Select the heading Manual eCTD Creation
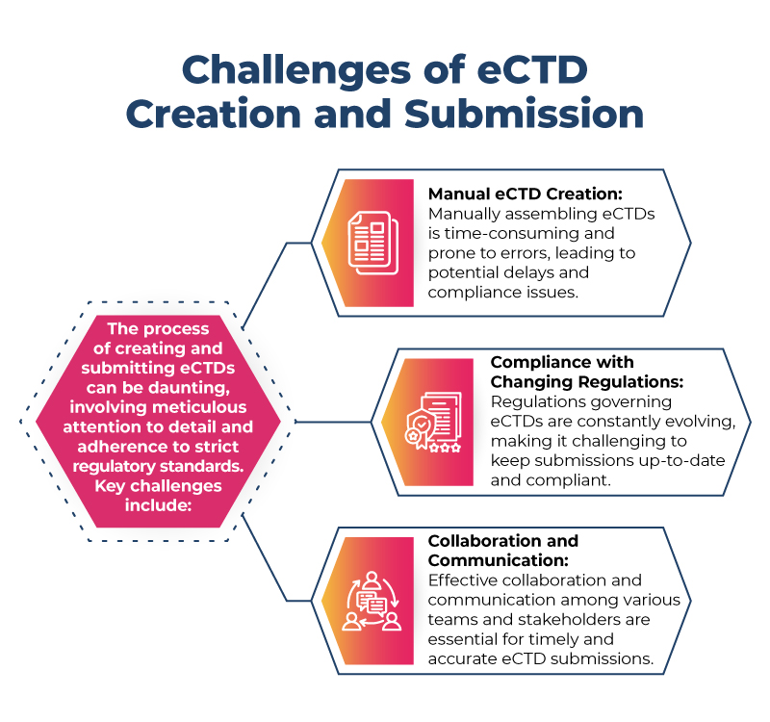pyautogui.click(x=517, y=193)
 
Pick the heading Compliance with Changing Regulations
pyautogui.click(x=563, y=372)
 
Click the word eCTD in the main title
pyautogui.click(x=524, y=71)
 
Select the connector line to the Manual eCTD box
pyautogui.click(x=267, y=278)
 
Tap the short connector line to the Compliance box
pyautogui.click(x=332, y=422)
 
